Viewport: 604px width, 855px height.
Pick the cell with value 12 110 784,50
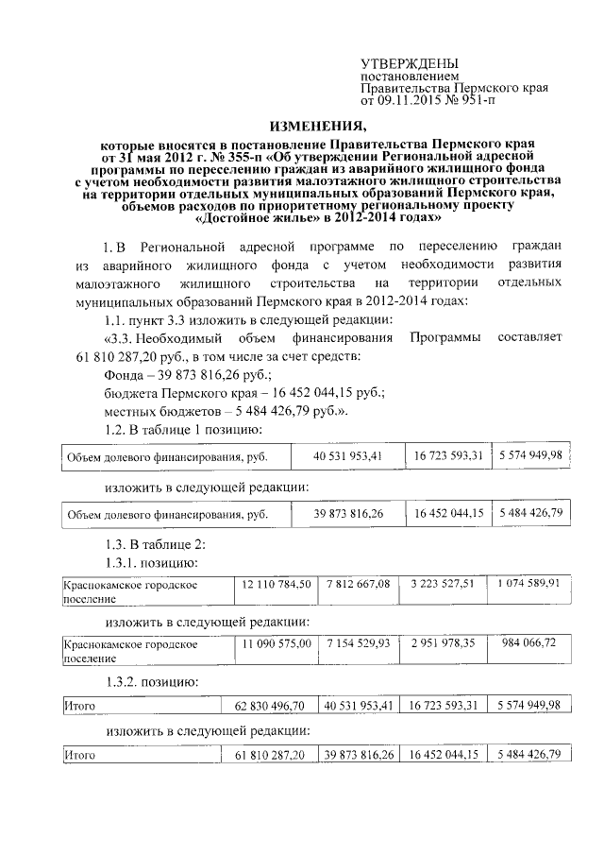[276, 584]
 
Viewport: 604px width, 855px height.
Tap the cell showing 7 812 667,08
[358, 584]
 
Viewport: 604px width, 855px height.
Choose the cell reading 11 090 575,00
[276, 642]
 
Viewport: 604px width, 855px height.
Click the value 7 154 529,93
[358, 642]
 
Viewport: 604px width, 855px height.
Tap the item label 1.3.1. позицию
[150, 563]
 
